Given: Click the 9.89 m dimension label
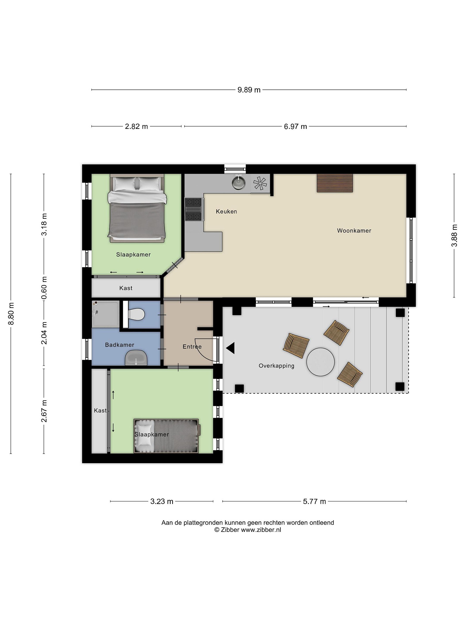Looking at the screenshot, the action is [249, 90].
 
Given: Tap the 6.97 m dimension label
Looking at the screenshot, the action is [295, 126].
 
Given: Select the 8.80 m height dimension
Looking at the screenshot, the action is [11, 314].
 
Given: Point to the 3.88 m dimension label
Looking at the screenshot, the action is [454, 235].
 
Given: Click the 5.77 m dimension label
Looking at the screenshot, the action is [315, 501].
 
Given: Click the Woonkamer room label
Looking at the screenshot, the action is [354, 231].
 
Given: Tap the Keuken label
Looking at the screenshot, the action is [226, 211].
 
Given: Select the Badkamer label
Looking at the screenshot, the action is [120, 345].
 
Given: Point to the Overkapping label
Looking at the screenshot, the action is [276, 366].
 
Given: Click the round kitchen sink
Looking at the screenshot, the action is [239, 183].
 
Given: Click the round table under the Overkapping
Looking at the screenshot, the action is [320, 362].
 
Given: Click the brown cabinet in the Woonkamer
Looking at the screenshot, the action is [335, 183].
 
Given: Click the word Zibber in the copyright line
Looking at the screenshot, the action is [230, 530].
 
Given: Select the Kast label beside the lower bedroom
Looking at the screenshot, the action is [100, 411].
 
